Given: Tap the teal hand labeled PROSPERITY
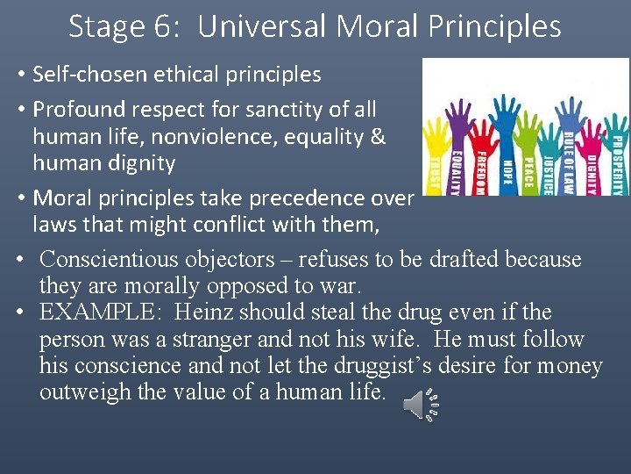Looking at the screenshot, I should point(615,158).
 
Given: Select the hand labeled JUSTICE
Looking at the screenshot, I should point(549,154).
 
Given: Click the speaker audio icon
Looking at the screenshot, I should point(419,405).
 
